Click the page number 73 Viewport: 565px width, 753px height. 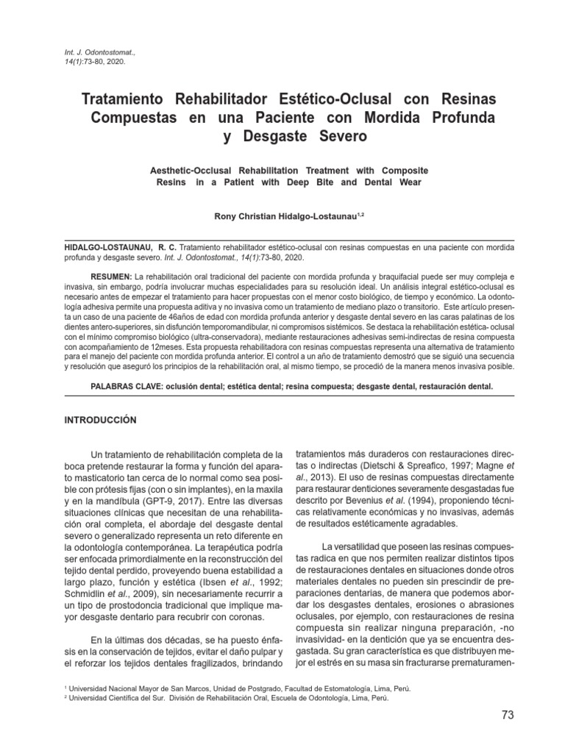click(507, 715)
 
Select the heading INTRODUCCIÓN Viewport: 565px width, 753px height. click(101, 419)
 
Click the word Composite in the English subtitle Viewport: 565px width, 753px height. click(397, 170)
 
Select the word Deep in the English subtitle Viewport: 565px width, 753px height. click(301, 182)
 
